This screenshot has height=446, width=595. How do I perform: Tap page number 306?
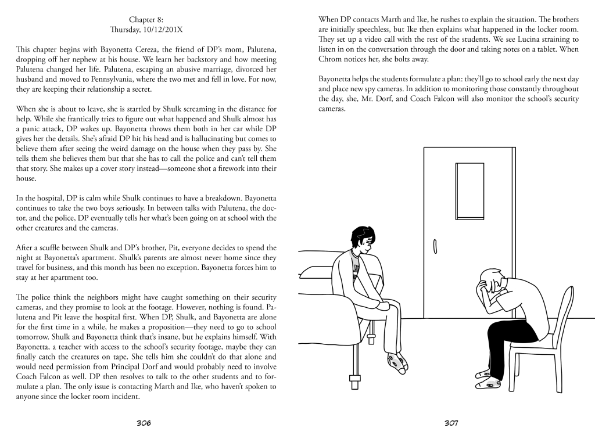(x=144, y=423)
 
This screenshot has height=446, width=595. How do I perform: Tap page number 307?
(x=451, y=423)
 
